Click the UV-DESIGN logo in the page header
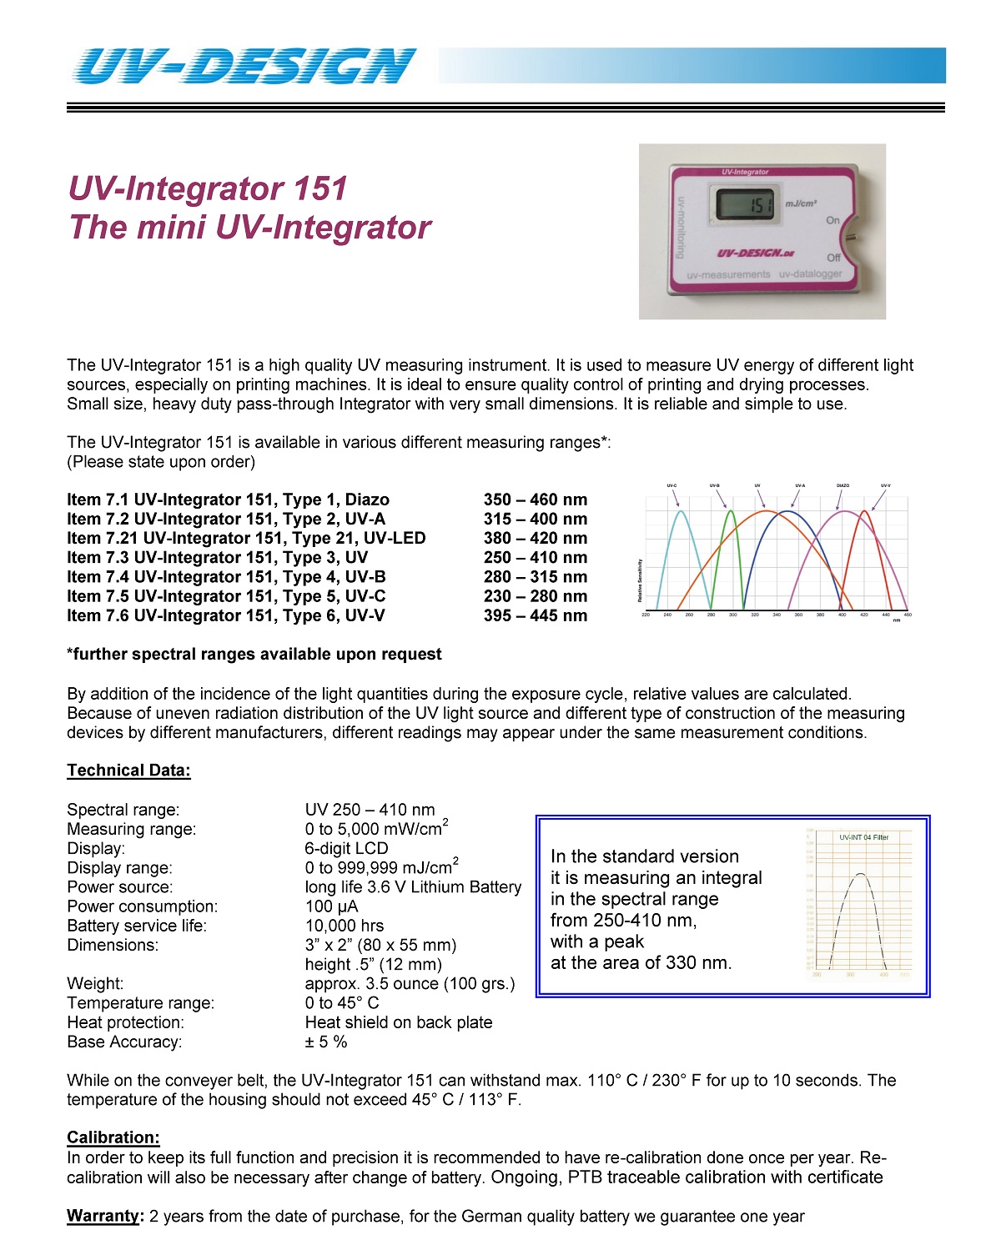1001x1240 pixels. (x=244, y=66)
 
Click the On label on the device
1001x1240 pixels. (x=832, y=220)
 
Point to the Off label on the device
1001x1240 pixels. (x=833, y=257)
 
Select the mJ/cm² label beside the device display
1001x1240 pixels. (x=801, y=203)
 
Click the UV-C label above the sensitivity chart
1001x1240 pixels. (x=672, y=485)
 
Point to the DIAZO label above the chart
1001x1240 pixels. (x=843, y=485)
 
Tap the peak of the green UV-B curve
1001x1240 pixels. (x=732, y=511)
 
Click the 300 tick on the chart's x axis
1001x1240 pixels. (x=732, y=615)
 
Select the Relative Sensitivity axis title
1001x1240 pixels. (x=640, y=580)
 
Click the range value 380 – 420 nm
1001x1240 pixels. (x=535, y=538)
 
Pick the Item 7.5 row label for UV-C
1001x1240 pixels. (x=226, y=596)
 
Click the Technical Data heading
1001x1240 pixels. (x=128, y=771)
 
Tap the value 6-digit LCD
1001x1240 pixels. (x=346, y=848)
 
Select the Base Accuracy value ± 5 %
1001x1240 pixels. (x=326, y=1042)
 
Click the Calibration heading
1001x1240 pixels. (x=113, y=1137)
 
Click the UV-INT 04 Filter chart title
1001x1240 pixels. (x=863, y=837)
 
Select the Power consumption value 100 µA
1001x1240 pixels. (x=331, y=906)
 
